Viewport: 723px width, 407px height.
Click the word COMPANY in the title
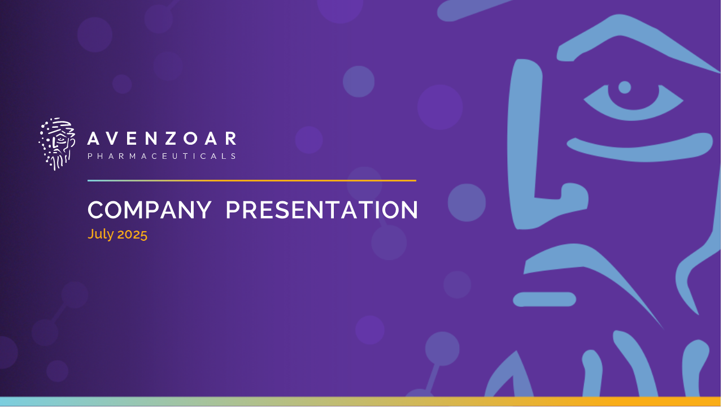(x=150, y=210)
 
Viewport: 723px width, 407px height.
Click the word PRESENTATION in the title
(x=322, y=210)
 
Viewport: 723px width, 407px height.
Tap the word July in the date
(x=101, y=234)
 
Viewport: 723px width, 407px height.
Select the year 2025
(x=132, y=234)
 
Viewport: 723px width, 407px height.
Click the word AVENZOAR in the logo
(x=162, y=138)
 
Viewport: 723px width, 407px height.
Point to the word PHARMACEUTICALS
(x=162, y=157)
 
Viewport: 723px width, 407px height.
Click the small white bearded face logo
(x=57, y=144)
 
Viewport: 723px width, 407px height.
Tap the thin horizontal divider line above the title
(x=252, y=180)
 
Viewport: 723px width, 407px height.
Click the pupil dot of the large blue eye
(x=625, y=88)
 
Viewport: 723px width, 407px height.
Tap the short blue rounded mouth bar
(x=545, y=300)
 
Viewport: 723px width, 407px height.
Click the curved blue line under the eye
(x=639, y=149)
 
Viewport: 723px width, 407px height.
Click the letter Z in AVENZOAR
(x=171, y=138)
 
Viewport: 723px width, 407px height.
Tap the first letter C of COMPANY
(x=96, y=210)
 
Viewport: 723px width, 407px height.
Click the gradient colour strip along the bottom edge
(x=361, y=401)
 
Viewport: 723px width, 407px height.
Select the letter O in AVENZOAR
(x=191, y=138)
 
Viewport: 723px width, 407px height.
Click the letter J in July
(x=91, y=234)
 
